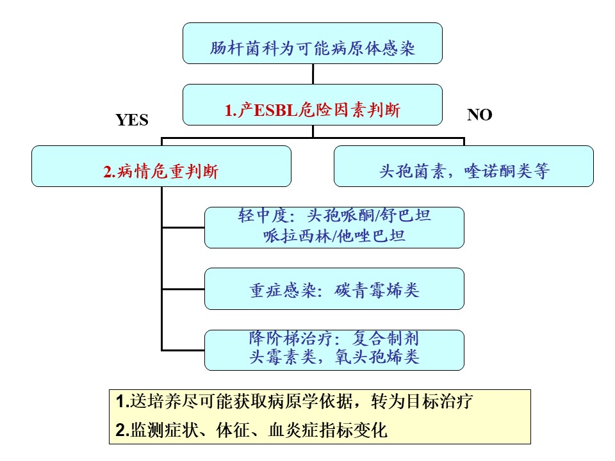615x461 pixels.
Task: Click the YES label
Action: pos(132,120)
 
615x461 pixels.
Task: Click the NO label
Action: pos(479,115)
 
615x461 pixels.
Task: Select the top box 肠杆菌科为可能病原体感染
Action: pos(313,43)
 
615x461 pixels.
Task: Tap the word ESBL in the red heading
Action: pos(275,110)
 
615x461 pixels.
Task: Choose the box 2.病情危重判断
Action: pos(161,166)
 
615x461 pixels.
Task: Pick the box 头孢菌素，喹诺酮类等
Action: pos(464,166)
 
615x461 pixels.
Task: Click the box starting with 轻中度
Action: pos(334,227)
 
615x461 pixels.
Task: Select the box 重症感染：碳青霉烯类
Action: pos(334,289)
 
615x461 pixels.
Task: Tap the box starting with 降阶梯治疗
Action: pos(334,350)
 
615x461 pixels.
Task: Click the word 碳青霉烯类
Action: pos(377,291)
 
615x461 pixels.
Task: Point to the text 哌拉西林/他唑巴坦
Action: pos(334,236)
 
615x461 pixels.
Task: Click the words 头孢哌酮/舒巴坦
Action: pos(369,215)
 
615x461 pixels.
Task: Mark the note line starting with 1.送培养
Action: pos(294,401)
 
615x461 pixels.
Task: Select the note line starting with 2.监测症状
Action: pos(251,430)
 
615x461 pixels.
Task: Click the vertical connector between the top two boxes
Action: pos(313,74)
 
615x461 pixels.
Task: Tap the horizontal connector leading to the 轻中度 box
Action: pos(183,227)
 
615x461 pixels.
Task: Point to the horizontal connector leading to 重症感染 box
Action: pos(183,289)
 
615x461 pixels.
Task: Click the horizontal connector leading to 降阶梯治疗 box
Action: pos(183,350)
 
